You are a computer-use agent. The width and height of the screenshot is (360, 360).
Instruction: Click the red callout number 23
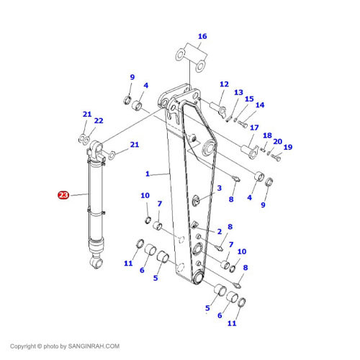click(63, 194)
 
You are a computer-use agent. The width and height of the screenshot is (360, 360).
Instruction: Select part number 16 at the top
click(202, 36)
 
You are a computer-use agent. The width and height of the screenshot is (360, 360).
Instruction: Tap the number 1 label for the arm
click(147, 174)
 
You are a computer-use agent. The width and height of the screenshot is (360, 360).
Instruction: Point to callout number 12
click(224, 84)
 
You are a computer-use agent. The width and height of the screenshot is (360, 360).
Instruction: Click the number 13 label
click(238, 92)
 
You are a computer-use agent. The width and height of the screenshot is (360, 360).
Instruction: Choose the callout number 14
click(260, 105)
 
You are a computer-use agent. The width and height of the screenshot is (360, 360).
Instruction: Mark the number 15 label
click(249, 99)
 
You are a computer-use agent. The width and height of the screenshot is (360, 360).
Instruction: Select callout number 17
click(254, 127)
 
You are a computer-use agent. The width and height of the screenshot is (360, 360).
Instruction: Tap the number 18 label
click(267, 135)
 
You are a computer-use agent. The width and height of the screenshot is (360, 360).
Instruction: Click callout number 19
click(288, 147)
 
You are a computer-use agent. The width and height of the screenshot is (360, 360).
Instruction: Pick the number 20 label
click(277, 141)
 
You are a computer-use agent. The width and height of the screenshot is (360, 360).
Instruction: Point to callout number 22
click(99, 120)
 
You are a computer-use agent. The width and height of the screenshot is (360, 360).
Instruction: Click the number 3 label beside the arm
click(219, 188)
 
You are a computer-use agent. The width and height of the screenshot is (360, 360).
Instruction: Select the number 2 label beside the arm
click(219, 230)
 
